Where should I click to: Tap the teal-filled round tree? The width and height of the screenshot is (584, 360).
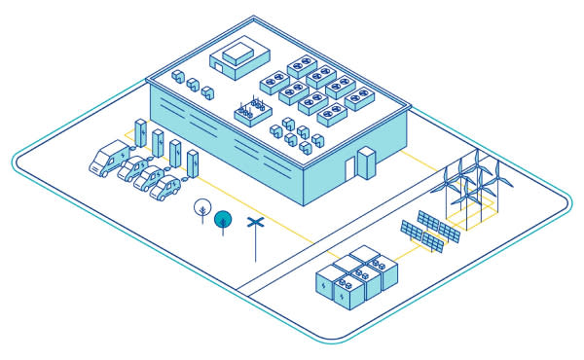coord(223,218)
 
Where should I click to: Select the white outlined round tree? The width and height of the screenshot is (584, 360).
coord(201,206)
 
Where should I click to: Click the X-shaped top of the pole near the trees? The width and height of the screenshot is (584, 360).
coord(255,225)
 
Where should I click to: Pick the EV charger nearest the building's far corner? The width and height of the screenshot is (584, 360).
coord(142,133)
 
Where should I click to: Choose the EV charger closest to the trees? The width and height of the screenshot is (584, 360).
coord(192,162)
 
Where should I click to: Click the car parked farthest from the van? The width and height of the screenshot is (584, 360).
coord(166,188)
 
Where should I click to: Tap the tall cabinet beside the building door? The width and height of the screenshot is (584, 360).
coord(367,163)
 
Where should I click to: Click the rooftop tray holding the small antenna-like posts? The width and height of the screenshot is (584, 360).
coord(251,112)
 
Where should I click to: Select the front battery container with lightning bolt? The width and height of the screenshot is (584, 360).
coord(347,291)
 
